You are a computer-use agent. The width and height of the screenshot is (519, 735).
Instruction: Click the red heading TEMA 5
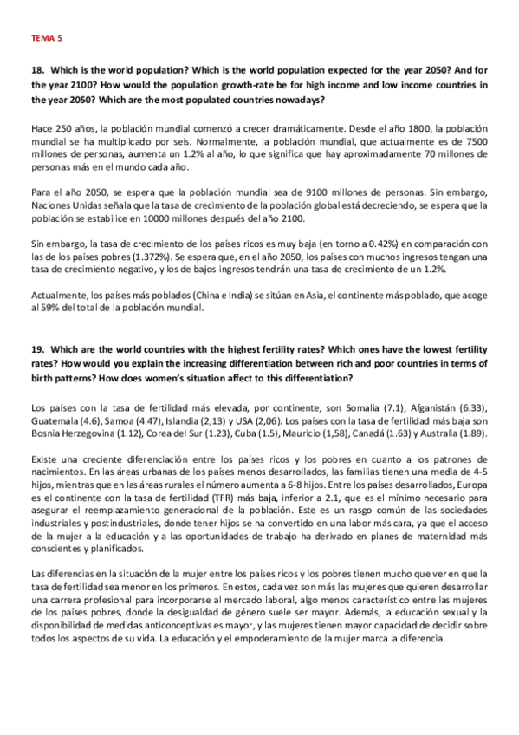tap(46, 39)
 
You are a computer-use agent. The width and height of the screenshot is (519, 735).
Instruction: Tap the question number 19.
tap(36, 348)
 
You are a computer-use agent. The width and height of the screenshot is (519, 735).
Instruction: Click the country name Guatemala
tap(55, 420)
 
